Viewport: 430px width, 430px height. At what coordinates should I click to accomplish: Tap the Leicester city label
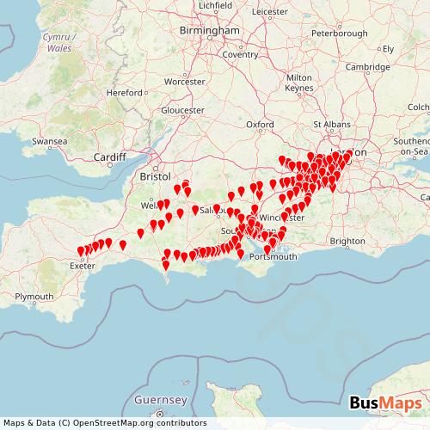tap(272, 11)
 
